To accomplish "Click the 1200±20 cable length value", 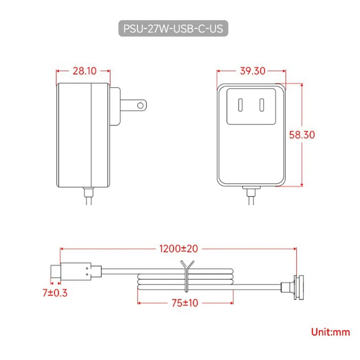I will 178,247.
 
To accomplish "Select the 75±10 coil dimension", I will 184,302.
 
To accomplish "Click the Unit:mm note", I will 330,332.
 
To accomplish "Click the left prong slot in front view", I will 240,105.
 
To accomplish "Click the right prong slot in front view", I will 261,105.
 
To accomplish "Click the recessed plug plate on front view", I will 251,106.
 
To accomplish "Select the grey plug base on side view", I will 115,106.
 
